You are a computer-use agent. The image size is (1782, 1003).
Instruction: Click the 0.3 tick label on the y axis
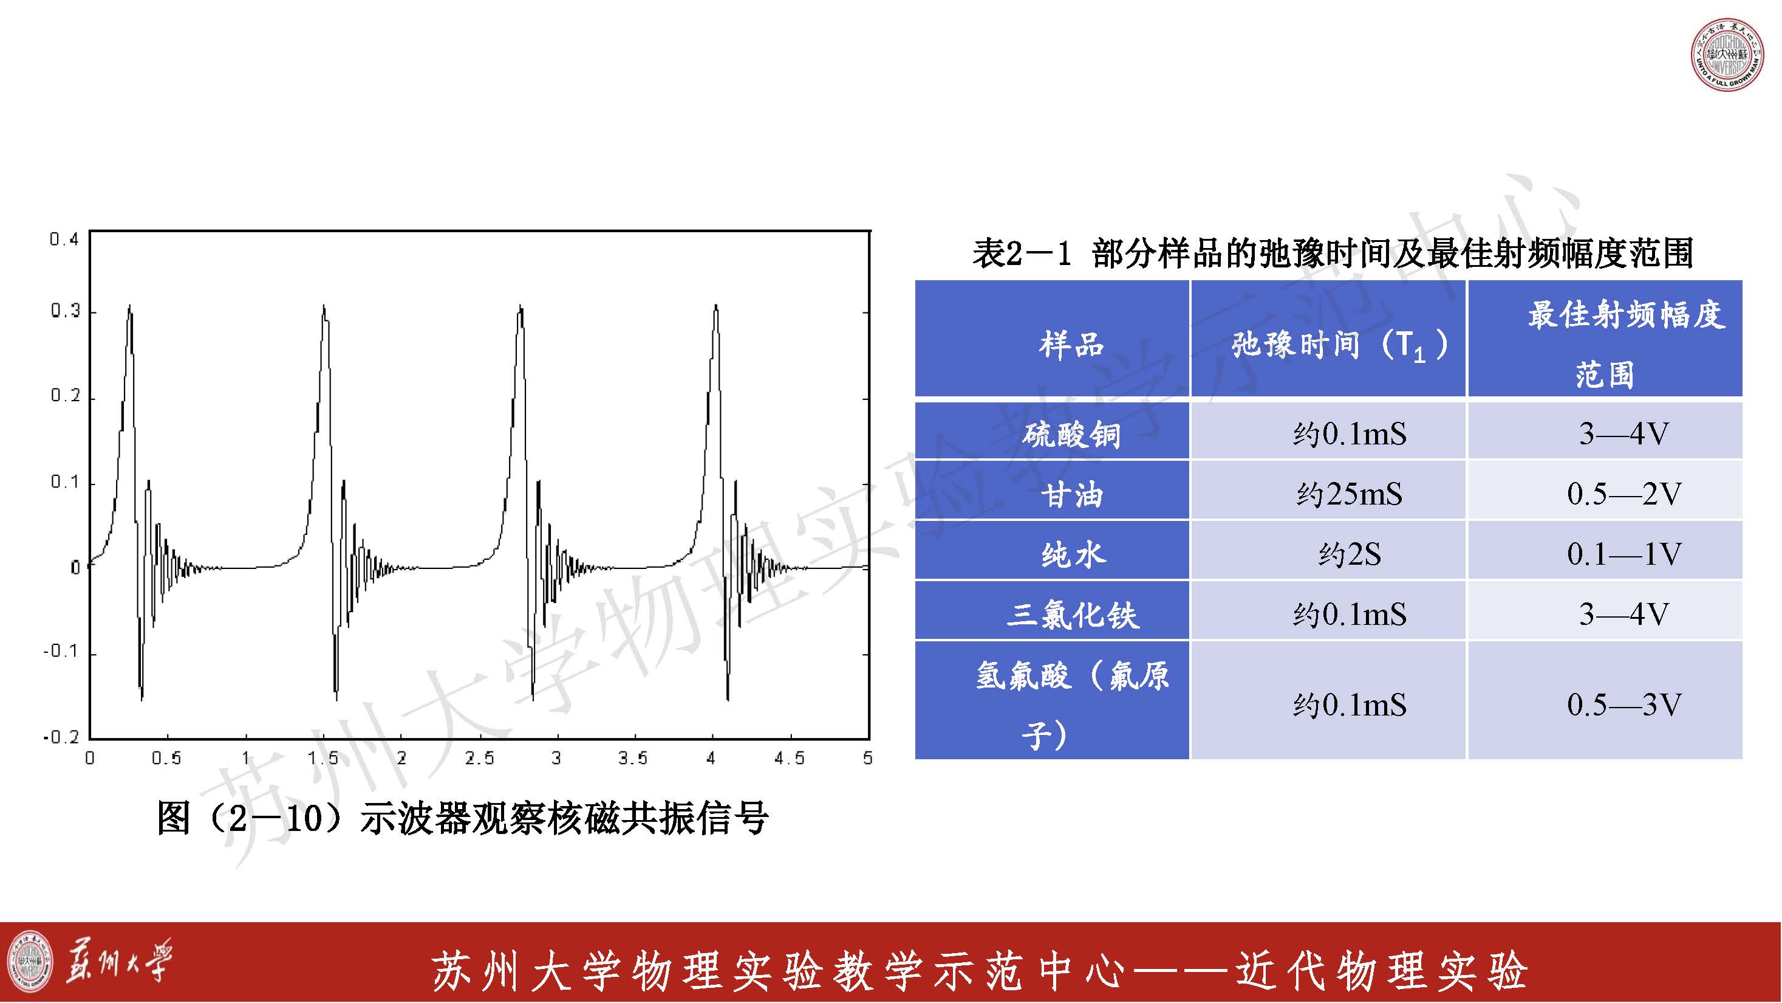[x=65, y=311]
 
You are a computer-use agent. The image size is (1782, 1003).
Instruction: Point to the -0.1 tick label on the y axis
[x=61, y=652]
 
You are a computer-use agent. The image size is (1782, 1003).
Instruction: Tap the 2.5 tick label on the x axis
[x=479, y=758]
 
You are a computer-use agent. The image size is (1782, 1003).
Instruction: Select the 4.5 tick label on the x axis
[x=790, y=758]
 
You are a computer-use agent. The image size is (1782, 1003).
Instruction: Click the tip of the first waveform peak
[x=129, y=305]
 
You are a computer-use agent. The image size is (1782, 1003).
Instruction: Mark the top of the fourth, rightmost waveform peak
[x=716, y=305]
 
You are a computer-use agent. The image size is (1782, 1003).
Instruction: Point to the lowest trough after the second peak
[x=337, y=700]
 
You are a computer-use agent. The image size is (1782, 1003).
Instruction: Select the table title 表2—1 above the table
[x=1022, y=253]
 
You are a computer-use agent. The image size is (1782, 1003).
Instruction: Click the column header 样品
[x=1071, y=344]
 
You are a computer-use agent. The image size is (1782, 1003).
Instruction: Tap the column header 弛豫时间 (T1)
[x=1339, y=345]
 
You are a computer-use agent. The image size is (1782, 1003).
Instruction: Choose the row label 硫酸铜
[x=1071, y=435]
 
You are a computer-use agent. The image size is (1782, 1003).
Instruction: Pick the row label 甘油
[x=1071, y=495]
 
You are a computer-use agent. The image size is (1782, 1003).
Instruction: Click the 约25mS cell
[x=1349, y=494]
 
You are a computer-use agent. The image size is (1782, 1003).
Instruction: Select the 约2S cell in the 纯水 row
[x=1349, y=554]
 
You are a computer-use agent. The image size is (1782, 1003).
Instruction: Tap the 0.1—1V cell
[x=1623, y=554]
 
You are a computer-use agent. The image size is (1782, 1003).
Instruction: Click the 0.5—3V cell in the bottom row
[x=1623, y=705]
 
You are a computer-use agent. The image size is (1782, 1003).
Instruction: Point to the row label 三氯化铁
[x=1071, y=615]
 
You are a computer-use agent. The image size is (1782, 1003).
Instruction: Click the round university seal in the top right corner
[x=1727, y=55]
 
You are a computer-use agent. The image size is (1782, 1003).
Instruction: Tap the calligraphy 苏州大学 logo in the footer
[x=118, y=961]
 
